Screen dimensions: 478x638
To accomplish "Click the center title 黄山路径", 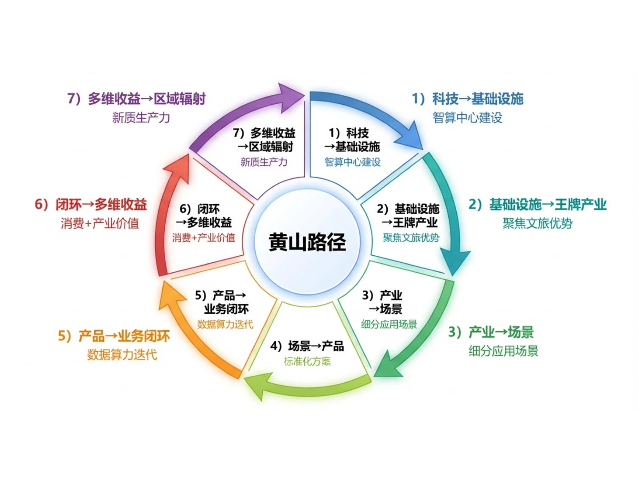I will (307, 243).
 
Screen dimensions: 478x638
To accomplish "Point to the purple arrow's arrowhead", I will (288, 97).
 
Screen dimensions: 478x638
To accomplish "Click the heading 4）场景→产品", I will (307, 346).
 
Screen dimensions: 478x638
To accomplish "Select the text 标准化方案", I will (307, 362).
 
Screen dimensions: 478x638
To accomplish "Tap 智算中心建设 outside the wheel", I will (467, 118).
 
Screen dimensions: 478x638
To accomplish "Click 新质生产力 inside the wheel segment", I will (264, 162).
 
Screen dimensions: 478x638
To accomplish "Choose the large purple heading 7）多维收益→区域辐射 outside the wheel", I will (136, 98).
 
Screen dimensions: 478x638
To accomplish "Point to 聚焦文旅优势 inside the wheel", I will (411, 238).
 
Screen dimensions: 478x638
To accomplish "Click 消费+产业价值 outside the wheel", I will (100, 224).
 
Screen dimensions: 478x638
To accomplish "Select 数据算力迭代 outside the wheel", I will (122, 355).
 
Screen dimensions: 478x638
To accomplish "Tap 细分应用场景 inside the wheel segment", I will (389, 324).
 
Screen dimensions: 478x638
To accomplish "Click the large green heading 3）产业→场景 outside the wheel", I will (491, 332).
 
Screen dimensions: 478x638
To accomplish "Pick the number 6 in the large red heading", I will (39, 204).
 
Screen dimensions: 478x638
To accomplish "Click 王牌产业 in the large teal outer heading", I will (580, 204).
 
